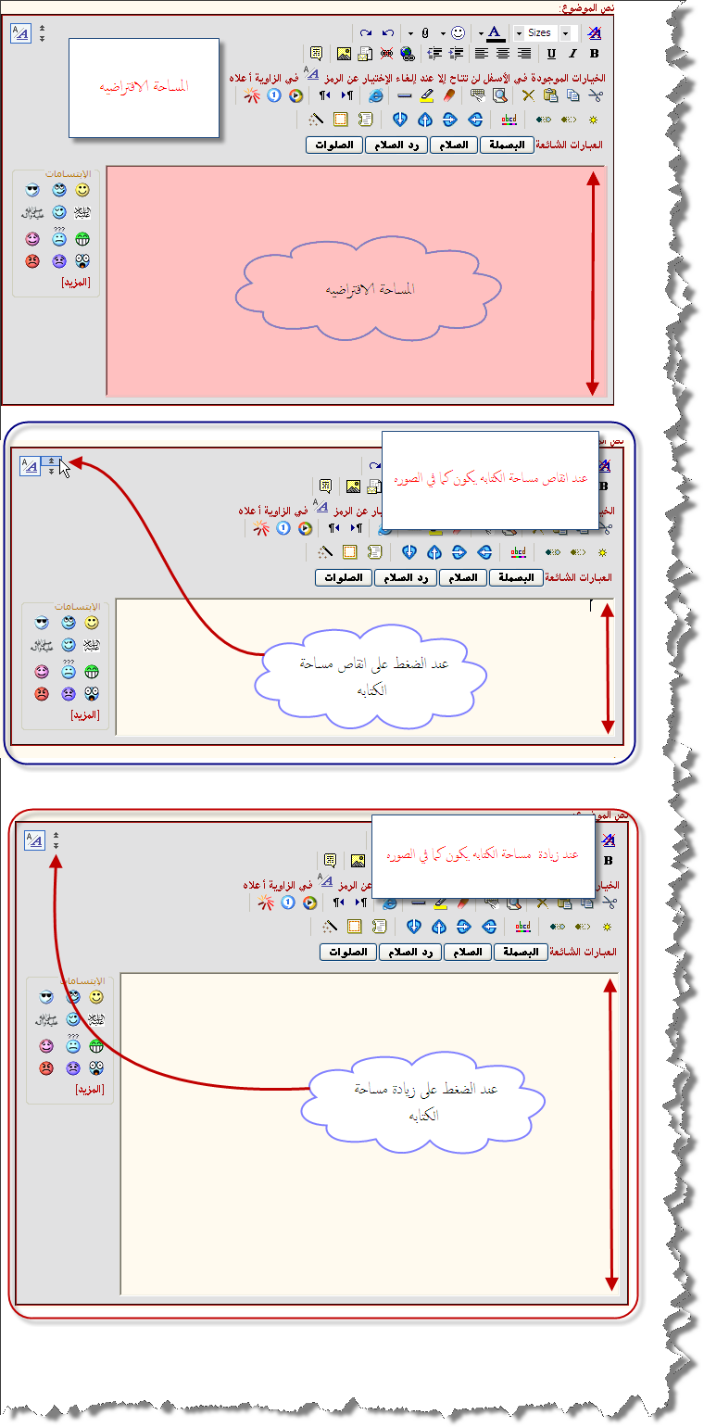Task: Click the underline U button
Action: pyautogui.click(x=553, y=54)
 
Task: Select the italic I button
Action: pyautogui.click(x=573, y=54)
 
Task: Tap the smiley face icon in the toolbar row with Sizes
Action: pyautogui.click(x=458, y=33)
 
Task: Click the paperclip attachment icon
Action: pyautogui.click(x=425, y=33)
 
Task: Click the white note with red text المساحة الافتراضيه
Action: pyautogui.click(x=145, y=87)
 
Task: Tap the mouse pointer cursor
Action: pyautogui.click(x=64, y=469)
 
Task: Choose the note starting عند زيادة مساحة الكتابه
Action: pyautogui.click(x=484, y=856)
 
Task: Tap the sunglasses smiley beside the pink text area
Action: pyautogui.click(x=33, y=190)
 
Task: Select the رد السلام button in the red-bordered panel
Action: pyautogui.click(x=409, y=952)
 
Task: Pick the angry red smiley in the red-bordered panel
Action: pyautogui.click(x=46, y=1067)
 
